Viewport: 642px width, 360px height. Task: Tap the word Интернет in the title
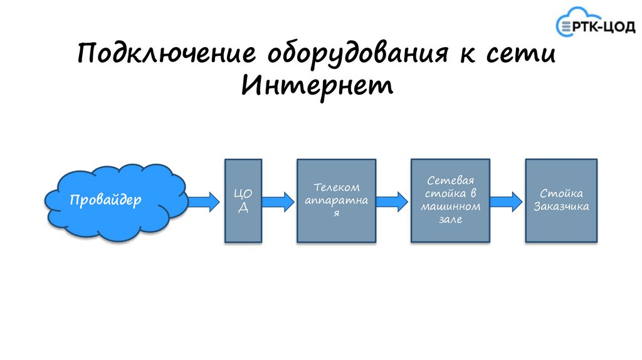(317, 85)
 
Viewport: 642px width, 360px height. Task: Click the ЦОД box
(243, 201)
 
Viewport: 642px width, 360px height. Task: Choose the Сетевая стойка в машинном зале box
(450, 201)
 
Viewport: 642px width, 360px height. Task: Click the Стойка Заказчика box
(561, 201)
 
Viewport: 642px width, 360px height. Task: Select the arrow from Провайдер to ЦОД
(203, 201)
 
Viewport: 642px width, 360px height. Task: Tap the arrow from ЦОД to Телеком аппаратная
(278, 201)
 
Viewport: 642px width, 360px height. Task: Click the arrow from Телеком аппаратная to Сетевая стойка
(392, 201)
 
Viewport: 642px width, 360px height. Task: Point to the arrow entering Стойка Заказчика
(506, 201)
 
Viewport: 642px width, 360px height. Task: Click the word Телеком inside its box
(337, 187)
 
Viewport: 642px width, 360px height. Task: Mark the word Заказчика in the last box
(561, 206)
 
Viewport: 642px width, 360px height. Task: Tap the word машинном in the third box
(450, 206)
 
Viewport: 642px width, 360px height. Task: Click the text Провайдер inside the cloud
(105, 200)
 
